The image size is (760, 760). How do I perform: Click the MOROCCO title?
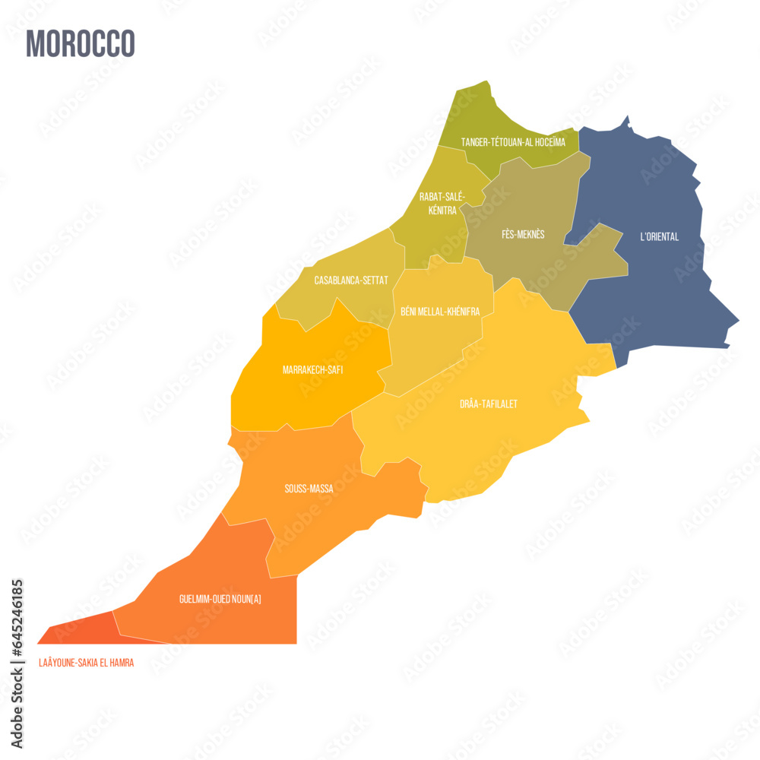pyautogui.click(x=81, y=43)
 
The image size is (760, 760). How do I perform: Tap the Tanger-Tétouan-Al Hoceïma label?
pyautogui.click(x=513, y=142)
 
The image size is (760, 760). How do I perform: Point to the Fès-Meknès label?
pyautogui.click(x=523, y=235)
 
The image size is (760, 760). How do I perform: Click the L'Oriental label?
pyautogui.click(x=659, y=237)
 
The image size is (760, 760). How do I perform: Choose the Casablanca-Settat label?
pyautogui.click(x=351, y=280)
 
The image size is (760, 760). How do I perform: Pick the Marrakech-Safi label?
pyautogui.click(x=312, y=370)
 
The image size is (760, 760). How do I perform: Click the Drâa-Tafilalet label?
pyautogui.click(x=489, y=404)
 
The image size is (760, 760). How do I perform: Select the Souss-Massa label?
pyautogui.click(x=309, y=489)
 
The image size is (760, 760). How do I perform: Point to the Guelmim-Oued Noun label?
pyautogui.click(x=220, y=599)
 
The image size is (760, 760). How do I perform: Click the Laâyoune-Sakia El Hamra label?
pyautogui.click(x=86, y=663)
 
